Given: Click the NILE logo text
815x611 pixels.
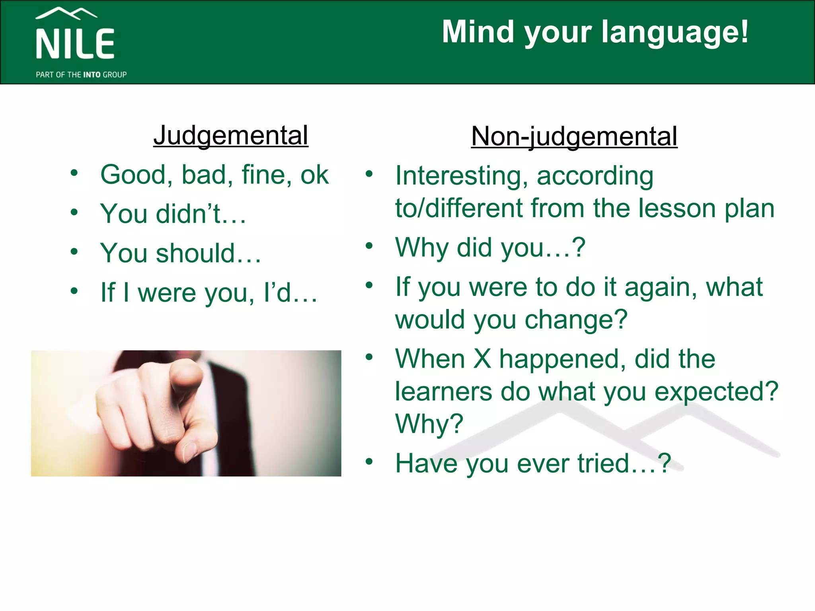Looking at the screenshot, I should (x=75, y=44).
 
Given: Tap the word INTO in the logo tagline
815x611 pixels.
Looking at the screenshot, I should (x=92, y=75).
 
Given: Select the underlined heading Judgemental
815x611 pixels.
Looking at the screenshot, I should (x=231, y=135).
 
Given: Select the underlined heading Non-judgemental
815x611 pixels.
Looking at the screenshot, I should (x=574, y=136).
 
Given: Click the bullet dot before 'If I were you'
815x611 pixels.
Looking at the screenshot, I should (x=74, y=291).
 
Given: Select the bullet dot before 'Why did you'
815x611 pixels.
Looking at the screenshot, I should (x=369, y=245).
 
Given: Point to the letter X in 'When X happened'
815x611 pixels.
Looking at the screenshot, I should (x=482, y=359).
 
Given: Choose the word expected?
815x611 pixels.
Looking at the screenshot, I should (x=716, y=392).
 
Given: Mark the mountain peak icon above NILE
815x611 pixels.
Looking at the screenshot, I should (x=66, y=13).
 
